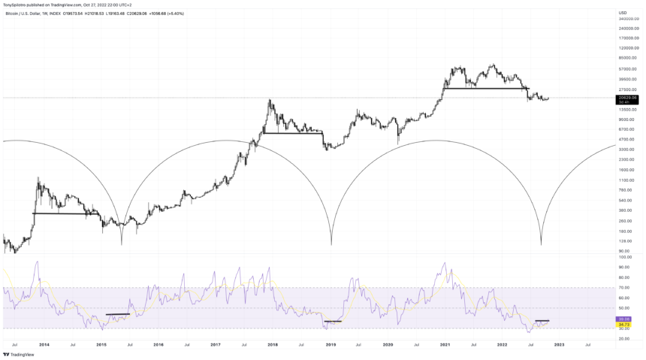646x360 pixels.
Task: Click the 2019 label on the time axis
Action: [331, 344]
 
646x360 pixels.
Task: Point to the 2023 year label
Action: [559, 344]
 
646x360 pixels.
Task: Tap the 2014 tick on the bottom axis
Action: [44, 344]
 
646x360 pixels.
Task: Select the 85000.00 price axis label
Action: [627, 58]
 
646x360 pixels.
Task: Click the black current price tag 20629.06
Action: [627, 98]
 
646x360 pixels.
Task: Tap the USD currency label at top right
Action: [623, 13]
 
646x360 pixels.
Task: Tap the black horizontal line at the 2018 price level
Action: [292, 133]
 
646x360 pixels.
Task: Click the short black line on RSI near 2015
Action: [118, 314]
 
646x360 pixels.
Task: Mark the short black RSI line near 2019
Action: [332, 322]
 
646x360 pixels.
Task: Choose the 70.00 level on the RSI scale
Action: [624, 288]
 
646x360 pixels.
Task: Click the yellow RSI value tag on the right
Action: [625, 324]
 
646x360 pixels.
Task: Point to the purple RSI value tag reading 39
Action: [625, 319]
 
